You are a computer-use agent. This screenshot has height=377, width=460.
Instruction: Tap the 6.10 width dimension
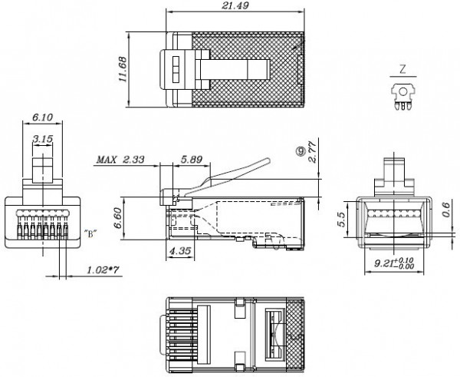(x=43, y=117)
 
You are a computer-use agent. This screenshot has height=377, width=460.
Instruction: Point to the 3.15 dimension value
(x=43, y=138)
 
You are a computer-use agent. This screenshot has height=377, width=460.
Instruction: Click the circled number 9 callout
(x=301, y=152)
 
